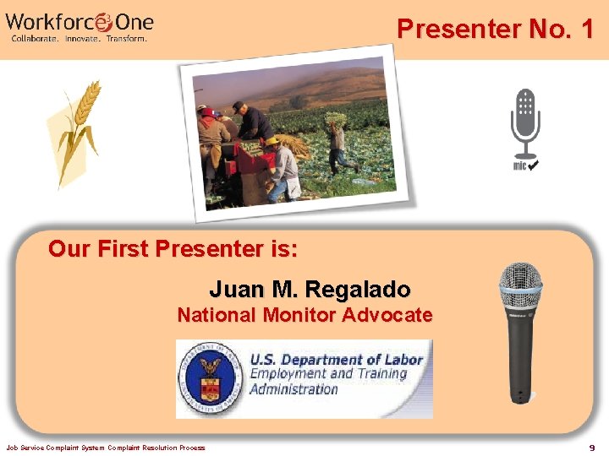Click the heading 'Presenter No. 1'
(496, 30)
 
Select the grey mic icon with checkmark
(525, 127)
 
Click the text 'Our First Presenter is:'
(173, 249)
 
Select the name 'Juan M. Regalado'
(310, 290)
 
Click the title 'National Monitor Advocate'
(304, 316)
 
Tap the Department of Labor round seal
(209, 378)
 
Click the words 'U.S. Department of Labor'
(336, 360)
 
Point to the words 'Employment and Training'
(328, 374)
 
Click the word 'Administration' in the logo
(294, 389)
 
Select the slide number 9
(592, 448)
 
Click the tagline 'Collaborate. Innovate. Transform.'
(79, 38)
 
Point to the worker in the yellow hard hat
(279, 165)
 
